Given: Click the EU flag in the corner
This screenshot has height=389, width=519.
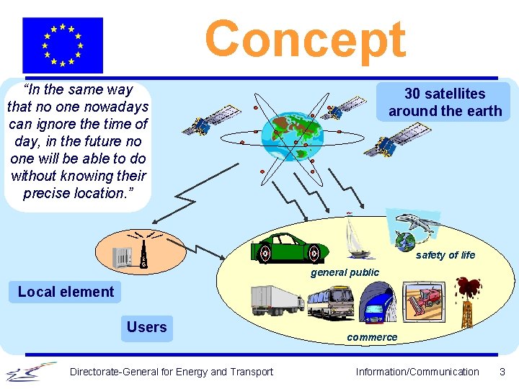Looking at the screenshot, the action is coord(63,45).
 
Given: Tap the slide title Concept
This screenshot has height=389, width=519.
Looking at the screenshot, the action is coord(305,39).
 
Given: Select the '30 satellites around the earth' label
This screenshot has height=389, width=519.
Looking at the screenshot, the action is coord(445,102).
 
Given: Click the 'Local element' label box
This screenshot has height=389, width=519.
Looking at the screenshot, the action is coord(66,292).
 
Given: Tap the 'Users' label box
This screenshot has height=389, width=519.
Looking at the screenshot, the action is coord(146,328).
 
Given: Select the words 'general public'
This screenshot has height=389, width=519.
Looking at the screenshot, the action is coord(345,272).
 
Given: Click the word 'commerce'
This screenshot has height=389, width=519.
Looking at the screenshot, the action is coord(372,337).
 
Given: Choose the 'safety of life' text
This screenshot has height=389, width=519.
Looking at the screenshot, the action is coord(445,255).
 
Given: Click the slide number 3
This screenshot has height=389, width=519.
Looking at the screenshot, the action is coord(502,372).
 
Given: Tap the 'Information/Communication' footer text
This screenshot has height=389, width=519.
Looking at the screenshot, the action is coord(417,372).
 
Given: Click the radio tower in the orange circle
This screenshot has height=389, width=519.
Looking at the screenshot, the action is coord(143,253).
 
